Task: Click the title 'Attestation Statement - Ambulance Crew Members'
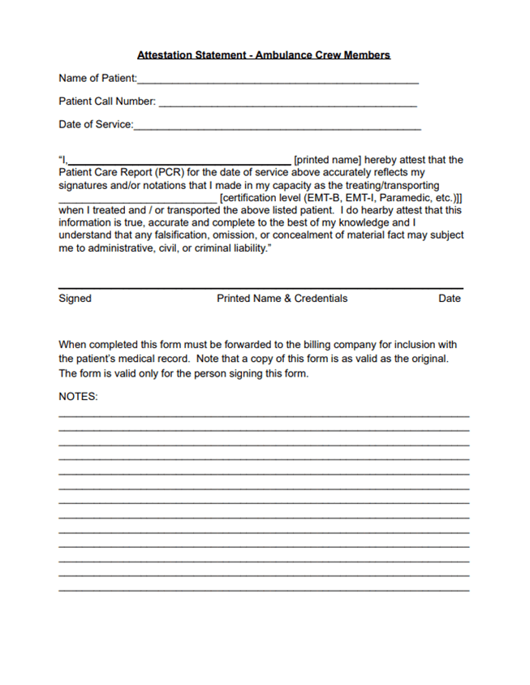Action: (264, 55)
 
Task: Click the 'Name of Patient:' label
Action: (97, 79)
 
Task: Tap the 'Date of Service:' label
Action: (95, 125)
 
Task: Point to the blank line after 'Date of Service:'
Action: (277, 128)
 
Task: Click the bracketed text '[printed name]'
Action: (327, 160)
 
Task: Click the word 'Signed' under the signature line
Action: (75, 299)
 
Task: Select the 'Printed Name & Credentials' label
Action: (282, 299)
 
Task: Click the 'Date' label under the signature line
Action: (450, 299)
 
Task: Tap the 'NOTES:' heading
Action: (78, 397)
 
